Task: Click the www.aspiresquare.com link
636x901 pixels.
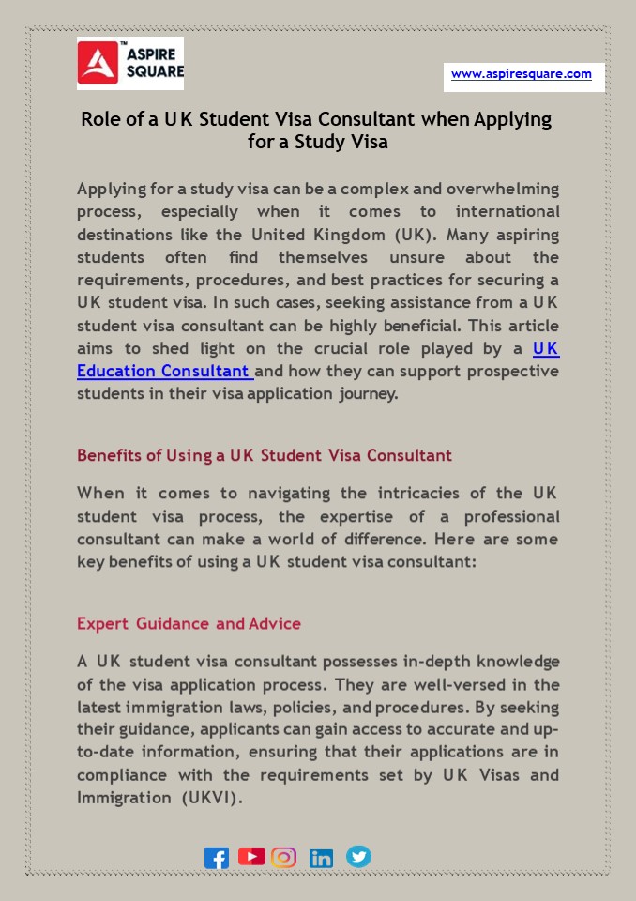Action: (521, 74)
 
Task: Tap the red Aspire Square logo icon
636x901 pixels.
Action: (98, 64)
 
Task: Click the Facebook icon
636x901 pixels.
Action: (217, 858)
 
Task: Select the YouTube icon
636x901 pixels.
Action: (251, 856)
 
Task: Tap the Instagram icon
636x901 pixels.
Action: (283, 857)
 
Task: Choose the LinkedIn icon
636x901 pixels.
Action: (321, 858)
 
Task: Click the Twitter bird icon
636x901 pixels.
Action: (358, 856)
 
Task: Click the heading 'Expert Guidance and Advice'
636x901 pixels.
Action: (189, 623)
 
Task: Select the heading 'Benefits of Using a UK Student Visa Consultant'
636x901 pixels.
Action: (265, 455)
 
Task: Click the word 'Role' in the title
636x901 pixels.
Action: (100, 120)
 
